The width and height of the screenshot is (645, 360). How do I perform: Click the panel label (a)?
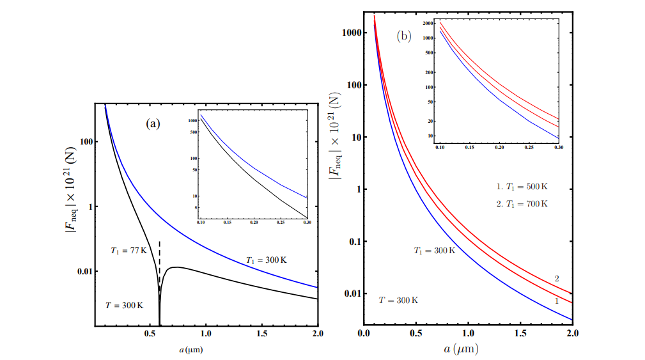153,125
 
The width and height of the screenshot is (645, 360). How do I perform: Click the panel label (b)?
404,36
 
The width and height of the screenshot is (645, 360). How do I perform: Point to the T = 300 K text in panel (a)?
124,306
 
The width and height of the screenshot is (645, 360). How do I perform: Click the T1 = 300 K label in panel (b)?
434,251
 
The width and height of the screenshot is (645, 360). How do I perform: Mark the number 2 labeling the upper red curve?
557,278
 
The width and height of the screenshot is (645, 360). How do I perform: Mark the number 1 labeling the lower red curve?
557,300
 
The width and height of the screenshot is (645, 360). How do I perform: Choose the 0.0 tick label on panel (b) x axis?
364,334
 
